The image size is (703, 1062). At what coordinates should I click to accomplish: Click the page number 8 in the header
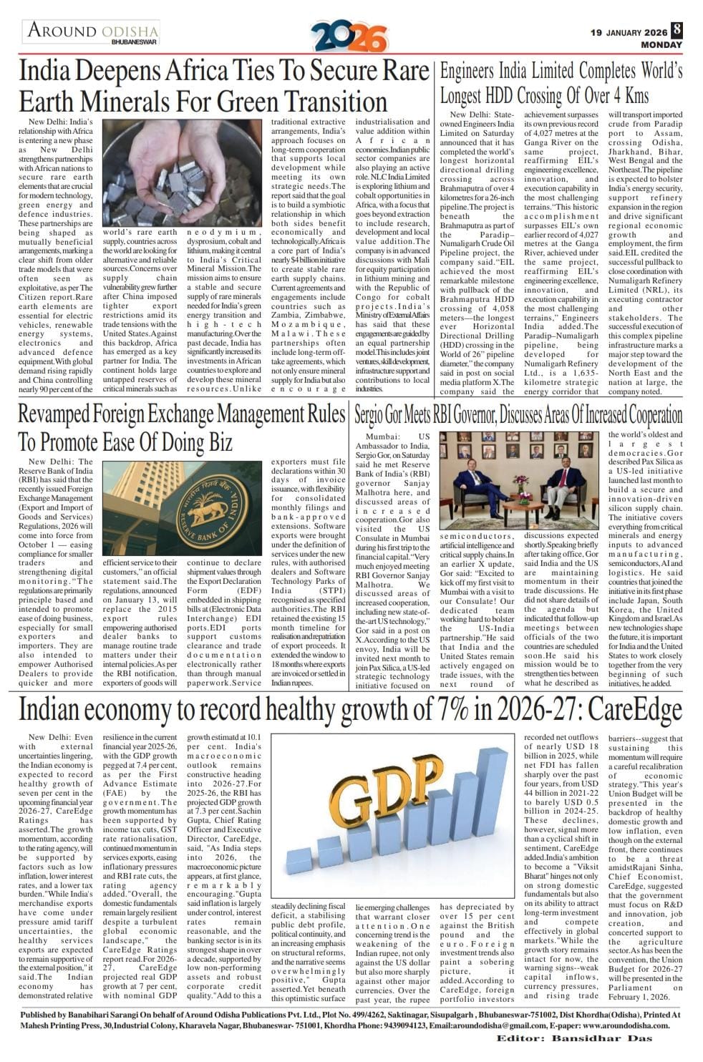point(676,31)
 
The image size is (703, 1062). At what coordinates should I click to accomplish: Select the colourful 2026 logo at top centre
point(349,36)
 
